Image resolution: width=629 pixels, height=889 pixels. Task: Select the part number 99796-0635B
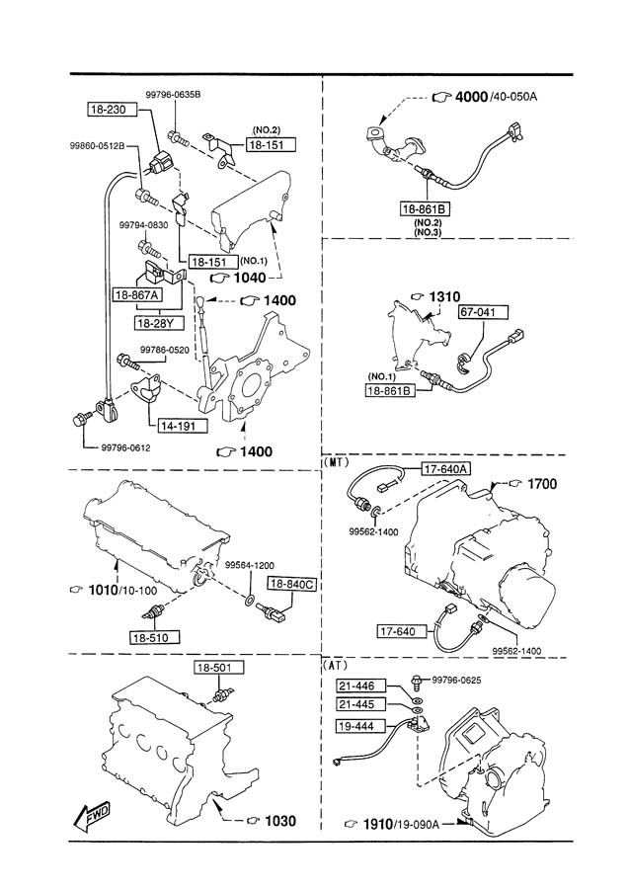pyautogui.click(x=173, y=95)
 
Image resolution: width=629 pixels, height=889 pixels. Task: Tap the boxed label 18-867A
pyautogui.click(x=137, y=294)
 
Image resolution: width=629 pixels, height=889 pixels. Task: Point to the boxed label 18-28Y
pyautogui.click(x=159, y=323)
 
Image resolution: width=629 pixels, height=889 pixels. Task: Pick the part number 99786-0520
pyautogui.click(x=164, y=350)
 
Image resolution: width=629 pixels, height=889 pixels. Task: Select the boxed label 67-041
pyautogui.click(x=484, y=312)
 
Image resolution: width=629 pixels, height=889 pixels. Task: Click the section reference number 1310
pyautogui.click(x=444, y=296)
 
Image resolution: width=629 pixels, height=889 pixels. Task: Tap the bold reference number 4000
pyautogui.click(x=471, y=97)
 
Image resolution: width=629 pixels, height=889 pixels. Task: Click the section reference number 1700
pyautogui.click(x=542, y=484)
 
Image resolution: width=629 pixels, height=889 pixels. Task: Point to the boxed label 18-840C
pyautogui.click(x=292, y=584)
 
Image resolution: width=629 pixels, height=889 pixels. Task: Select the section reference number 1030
pyautogui.click(x=280, y=821)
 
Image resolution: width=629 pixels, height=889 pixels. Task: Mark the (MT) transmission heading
pyautogui.click(x=336, y=462)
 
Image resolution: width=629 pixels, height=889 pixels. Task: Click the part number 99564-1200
pyautogui.click(x=250, y=565)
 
